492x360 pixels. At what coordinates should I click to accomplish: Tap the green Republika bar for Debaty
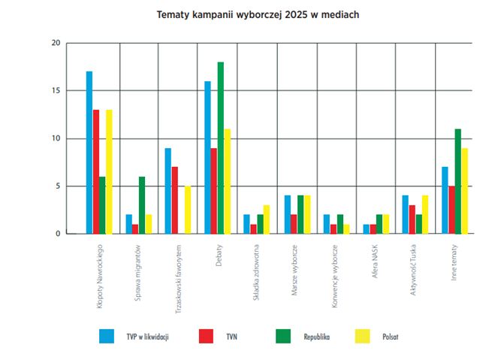220,148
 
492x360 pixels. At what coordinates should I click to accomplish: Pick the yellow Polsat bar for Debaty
227,181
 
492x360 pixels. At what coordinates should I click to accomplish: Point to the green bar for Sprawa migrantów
141,205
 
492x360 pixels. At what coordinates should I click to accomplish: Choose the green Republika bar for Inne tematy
457,181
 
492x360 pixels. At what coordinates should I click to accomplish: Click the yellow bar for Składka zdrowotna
267,219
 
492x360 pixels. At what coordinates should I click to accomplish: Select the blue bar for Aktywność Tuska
405,215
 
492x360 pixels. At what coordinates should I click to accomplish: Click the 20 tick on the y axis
55,43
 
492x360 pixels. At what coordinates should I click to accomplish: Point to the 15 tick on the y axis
55,91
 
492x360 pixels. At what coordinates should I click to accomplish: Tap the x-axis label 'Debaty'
216,255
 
